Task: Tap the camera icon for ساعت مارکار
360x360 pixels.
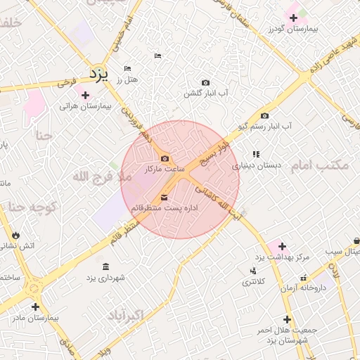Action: pos(165,159)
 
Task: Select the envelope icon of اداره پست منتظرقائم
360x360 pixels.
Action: pos(165,198)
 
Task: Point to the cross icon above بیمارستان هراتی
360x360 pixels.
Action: pos(86,95)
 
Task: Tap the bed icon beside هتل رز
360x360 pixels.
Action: pos(127,68)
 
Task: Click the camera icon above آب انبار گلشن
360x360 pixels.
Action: pos(205,83)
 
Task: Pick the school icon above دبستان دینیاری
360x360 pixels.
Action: pos(257,154)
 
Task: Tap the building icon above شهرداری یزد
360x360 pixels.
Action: pos(105,266)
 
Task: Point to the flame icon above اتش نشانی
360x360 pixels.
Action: pos(16,234)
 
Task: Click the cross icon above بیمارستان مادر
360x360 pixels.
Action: pos(35,307)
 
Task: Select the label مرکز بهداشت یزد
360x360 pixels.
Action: pos(283,257)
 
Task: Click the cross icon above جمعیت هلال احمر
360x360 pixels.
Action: pos(287,319)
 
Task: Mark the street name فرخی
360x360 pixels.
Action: pos(65,82)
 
